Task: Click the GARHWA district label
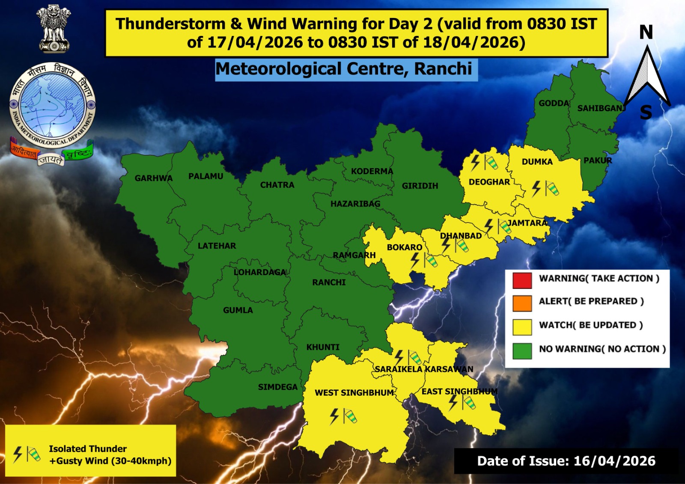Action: (153, 178)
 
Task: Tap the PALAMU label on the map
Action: (205, 176)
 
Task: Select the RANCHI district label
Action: (328, 282)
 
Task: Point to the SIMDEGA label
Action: (277, 387)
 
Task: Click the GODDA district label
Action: (554, 103)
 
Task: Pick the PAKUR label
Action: (598, 160)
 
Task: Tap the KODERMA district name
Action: (372, 171)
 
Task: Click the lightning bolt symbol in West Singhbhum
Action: (334, 416)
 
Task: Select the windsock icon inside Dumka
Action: (552, 188)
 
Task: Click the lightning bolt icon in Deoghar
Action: (475, 163)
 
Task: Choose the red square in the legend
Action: (522, 280)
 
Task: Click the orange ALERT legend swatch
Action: (522, 303)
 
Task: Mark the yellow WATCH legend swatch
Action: (522, 327)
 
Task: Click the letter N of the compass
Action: (646, 33)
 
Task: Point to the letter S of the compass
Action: (646, 113)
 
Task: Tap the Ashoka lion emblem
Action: (54, 29)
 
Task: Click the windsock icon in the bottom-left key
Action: (33, 454)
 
